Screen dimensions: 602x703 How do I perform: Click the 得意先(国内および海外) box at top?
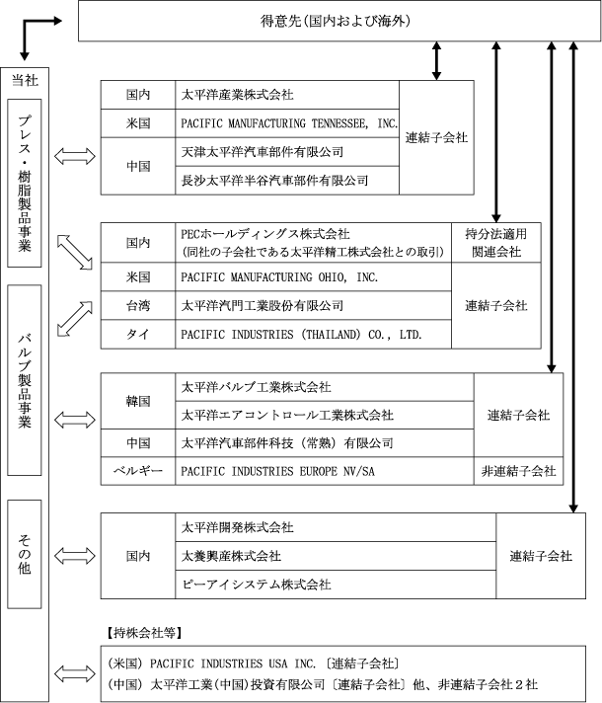[x=339, y=21]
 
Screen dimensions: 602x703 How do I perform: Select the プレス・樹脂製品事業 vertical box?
[x=25, y=183]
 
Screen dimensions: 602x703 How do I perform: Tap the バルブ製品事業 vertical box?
[x=25, y=380]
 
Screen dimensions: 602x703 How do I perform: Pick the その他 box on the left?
[x=25, y=554]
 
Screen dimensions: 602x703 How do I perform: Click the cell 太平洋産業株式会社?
[x=287, y=95]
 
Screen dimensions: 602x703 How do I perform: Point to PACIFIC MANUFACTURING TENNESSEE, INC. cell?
[x=287, y=123]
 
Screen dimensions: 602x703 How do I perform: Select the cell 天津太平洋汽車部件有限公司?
[x=287, y=152]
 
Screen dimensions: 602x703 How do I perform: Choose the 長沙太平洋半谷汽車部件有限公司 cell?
[x=287, y=181]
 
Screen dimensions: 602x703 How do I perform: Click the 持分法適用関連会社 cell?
[x=496, y=243]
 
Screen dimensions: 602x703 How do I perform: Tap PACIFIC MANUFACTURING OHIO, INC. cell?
[x=313, y=277]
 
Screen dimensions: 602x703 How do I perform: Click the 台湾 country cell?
[x=138, y=306]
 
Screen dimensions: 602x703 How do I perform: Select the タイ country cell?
[x=138, y=334]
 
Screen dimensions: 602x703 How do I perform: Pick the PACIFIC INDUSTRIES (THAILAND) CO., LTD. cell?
[x=313, y=334]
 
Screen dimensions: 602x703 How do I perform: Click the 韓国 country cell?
[x=138, y=401]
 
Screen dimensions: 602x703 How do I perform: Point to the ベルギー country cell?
[x=138, y=471]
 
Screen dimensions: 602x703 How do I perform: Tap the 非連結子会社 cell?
[x=519, y=471]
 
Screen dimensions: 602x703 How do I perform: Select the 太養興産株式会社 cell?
[x=336, y=556]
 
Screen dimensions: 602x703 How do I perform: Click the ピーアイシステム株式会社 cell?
[x=336, y=585]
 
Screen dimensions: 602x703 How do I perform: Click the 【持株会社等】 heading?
[x=144, y=633]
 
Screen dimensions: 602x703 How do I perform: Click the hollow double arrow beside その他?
[x=75, y=556]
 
